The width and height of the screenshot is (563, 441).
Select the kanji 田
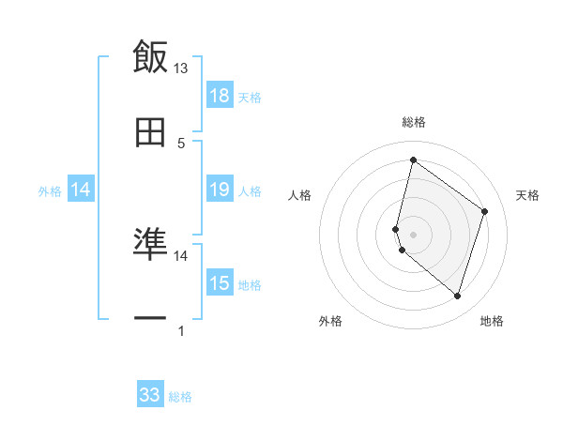(x=150, y=133)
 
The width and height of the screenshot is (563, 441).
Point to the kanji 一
(x=150, y=319)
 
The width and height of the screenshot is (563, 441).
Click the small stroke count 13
(x=181, y=68)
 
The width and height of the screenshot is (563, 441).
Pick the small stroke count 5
(x=181, y=144)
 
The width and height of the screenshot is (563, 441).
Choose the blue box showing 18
(x=220, y=96)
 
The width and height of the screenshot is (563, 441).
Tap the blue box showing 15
(x=220, y=283)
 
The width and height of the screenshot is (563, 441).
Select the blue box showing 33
(x=150, y=395)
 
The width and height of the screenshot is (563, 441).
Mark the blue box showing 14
(x=81, y=190)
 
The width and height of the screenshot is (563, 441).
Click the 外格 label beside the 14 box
(x=50, y=191)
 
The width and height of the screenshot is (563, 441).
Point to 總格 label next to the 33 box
(x=180, y=397)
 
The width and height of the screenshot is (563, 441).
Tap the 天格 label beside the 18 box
(x=250, y=97)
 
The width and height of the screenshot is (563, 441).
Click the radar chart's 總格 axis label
(x=413, y=122)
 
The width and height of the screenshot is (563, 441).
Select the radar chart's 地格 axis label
(x=492, y=321)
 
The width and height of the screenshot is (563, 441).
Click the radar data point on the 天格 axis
(x=485, y=211)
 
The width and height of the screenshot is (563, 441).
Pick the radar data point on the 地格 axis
(x=457, y=297)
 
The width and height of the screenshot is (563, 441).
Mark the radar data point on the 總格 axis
(x=413, y=160)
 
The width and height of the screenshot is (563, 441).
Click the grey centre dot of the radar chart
(x=413, y=234)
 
